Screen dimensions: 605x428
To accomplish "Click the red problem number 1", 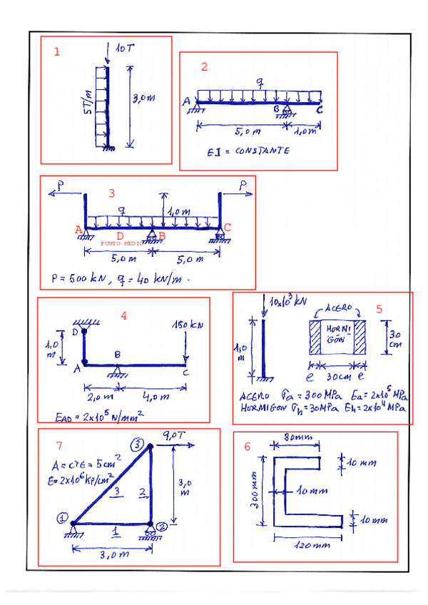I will pyautogui.click(x=57, y=51).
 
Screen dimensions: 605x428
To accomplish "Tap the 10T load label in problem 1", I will pyautogui.click(x=125, y=48).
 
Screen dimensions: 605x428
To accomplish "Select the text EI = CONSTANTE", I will pyautogui.click(x=248, y=152).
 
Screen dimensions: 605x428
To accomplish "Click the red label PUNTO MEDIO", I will pyautogui.click(x=123, y=243).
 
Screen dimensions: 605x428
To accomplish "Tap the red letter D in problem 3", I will pyautogui.click(x=120, y=235).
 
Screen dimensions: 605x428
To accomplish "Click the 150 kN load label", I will pyautogui.click(x=186, y=325).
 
